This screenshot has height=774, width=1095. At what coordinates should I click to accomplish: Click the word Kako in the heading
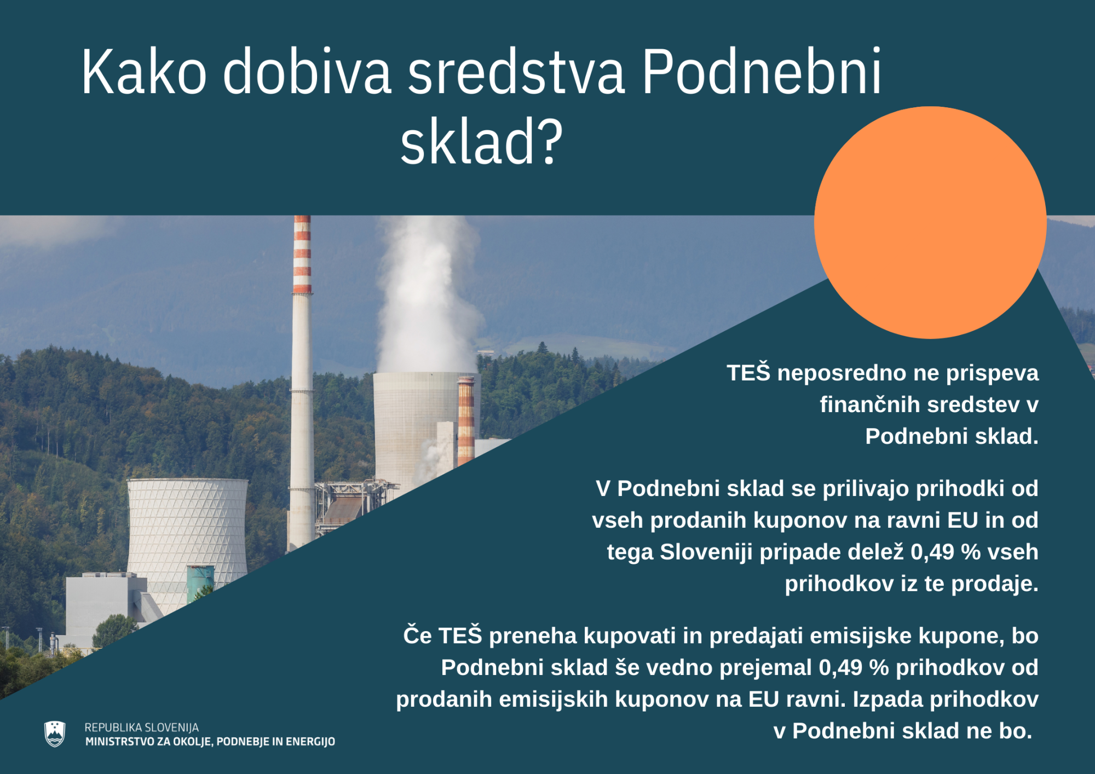pos(144,71)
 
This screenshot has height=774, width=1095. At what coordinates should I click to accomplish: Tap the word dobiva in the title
pos(307,71)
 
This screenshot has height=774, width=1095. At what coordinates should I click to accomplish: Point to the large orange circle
pos(930,222)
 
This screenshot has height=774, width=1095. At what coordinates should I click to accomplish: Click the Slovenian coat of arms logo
pos(55,734)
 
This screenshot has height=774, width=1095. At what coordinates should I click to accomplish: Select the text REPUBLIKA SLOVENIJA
pos(142,727)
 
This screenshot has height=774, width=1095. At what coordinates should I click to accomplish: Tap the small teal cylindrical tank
pos(200,584)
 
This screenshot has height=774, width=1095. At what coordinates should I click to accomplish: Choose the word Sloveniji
pos(706,552)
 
